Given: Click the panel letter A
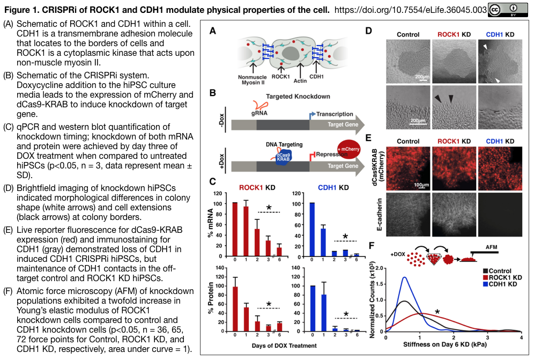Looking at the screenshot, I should [212, 31].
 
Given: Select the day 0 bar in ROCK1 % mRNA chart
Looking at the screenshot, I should [235, 225].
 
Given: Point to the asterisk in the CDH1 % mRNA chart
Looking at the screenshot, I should [345, 236].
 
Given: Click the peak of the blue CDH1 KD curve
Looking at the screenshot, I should [404, 277].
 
